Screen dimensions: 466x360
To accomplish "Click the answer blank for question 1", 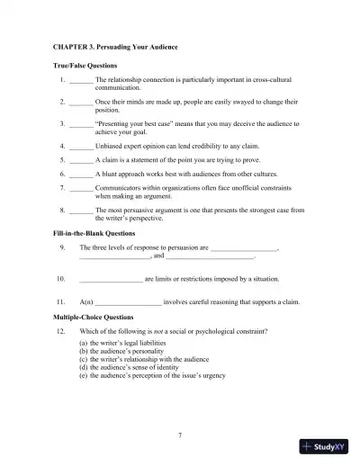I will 81,81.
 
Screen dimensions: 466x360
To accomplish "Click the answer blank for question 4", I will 81,143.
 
